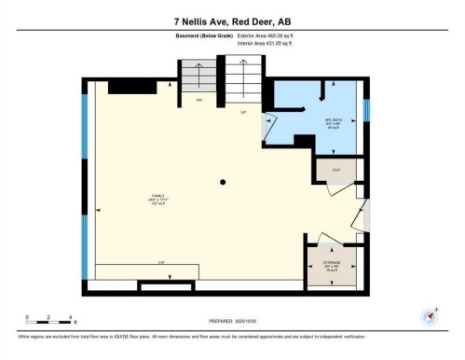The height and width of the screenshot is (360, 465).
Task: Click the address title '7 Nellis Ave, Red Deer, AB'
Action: pos(232,20)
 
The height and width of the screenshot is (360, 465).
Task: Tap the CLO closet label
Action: pos(335,171)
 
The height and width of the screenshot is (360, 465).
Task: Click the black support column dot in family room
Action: pos(222,182)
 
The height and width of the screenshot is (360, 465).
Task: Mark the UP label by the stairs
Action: pos(243,113)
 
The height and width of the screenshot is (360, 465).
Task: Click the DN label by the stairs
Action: pos(198,98)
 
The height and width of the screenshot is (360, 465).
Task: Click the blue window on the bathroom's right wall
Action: pos(366,110)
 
